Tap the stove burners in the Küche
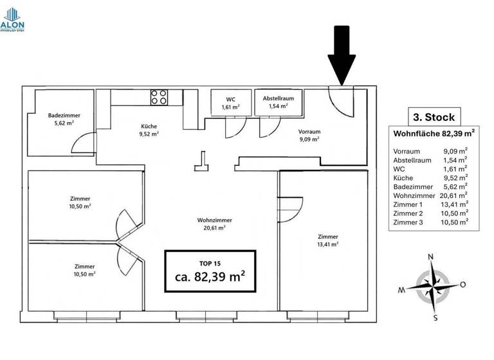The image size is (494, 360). tap(160, 98)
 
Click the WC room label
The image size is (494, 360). tap(231, 99)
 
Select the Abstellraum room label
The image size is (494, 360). tap(278, 98)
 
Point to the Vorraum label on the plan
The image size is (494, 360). tap(309, 131)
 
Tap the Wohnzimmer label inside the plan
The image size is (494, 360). tap(215, 220)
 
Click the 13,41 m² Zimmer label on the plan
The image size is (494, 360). tap(328, 237)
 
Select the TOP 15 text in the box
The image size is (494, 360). tap(210, 263)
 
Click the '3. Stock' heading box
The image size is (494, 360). tap(434, 117)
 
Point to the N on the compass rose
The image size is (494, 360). tap(431, 257)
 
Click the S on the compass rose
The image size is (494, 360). tap(435, 317)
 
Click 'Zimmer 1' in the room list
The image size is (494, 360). tap(407, 204)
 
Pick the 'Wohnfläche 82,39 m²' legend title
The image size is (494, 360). tap(434, 134)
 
